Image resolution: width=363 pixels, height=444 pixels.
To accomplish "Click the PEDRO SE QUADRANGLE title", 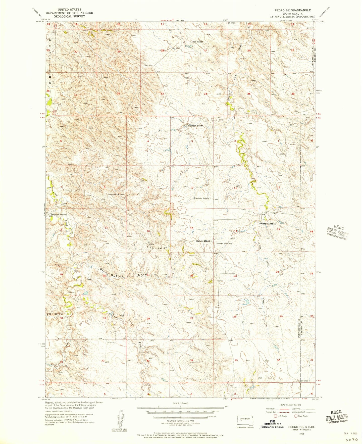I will click(x=292, y=10).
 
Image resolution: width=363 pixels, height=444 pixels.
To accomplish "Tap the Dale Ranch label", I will click(x=197, y=41).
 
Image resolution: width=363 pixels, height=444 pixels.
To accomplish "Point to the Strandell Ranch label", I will click(x=116, y=194).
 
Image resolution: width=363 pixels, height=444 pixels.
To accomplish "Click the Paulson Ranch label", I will click(x=202, y=199).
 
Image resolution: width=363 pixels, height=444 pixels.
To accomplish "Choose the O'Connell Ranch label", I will click(x=267, y=224).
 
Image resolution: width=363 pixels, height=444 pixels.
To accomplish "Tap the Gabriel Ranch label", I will click(x=203, y=241).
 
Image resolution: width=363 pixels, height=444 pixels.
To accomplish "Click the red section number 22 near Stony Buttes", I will click(x=192, y=276).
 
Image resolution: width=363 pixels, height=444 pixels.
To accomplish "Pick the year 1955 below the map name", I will click(x=298, y=434).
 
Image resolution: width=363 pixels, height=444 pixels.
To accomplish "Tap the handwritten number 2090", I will click(x=351, y=440).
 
